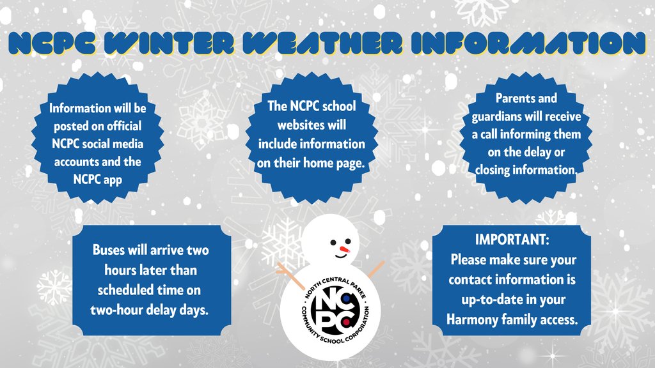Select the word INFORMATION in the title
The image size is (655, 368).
click(528, 43)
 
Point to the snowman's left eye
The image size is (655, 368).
click(332, 242)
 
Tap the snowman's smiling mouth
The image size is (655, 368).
click(341, 257)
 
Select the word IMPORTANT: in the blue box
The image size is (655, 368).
click(512, 241)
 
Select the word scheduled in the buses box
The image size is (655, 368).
click(125, 290)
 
